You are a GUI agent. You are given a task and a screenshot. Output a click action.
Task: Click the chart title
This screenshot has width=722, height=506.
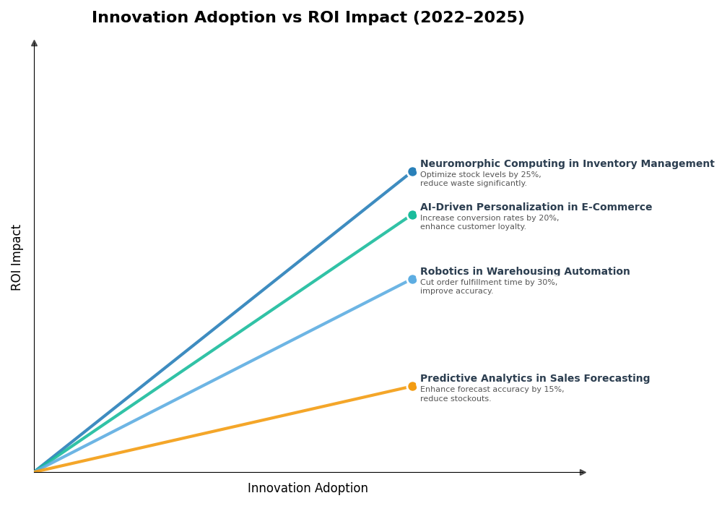tap(308, 18)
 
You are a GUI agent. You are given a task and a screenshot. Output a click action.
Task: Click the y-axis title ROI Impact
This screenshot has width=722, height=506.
tap(17, 257)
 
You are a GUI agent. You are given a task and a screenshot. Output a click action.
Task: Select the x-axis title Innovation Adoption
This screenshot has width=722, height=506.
tap(308, 489)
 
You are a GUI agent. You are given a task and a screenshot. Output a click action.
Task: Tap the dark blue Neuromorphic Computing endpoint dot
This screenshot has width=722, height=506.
tap(412, 172)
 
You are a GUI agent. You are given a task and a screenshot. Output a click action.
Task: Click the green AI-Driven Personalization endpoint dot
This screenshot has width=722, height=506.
tap(412, 215)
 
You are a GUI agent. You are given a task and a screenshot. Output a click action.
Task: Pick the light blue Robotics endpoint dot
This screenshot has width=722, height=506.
tap(412, 279)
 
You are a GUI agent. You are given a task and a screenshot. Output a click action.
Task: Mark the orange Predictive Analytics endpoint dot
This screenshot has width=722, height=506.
tap(412, 386)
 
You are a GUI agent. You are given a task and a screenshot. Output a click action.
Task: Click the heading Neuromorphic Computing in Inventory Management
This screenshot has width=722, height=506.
tap(567, 164)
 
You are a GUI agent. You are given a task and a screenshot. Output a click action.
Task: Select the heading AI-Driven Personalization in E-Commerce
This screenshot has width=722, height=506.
tap(536, 207)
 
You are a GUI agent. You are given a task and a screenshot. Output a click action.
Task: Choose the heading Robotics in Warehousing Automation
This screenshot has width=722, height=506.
tap(525, 272)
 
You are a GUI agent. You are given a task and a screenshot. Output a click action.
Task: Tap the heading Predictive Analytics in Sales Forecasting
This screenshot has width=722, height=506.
tap(535, 379)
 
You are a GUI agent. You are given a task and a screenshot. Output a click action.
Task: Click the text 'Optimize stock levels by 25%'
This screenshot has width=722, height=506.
tap(480, 175)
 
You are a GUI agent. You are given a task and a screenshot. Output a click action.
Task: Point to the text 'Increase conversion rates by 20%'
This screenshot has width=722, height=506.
tap(490, 218)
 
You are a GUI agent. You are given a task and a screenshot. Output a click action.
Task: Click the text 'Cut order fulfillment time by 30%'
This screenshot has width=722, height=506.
tap(489, 283)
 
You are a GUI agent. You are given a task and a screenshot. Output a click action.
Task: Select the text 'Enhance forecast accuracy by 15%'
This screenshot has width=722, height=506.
tap(492, 390)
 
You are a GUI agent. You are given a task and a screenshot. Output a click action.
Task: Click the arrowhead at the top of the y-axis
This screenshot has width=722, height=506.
tap(34, 43)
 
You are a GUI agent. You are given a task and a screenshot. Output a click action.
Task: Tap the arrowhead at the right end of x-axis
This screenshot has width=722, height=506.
tap(583, 472)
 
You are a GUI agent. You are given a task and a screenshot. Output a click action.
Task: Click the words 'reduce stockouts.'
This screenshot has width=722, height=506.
tap(456, 399)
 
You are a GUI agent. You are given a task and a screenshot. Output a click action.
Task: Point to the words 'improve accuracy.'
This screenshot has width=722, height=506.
tap(456, 291)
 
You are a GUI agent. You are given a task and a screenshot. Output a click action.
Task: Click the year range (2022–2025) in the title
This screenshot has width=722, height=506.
tap(469, 18)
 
